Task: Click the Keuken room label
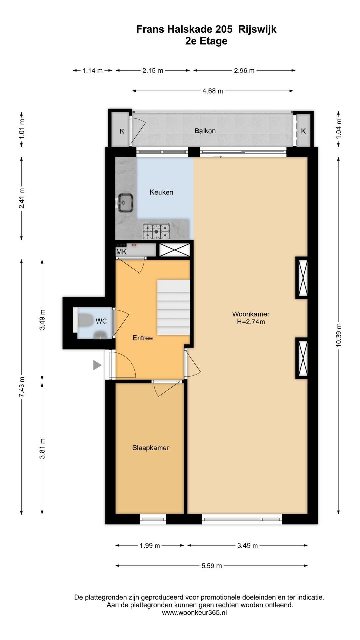pyautogui.click(x=161, y=192)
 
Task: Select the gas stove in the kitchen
pyautogui.click(x=156, y=231)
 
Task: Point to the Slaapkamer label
pyautogui.click(x=151, y=448)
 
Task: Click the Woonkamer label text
pyautogui.click(x=251, y=314)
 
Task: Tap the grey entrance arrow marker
pyautogui.click(x=97, y=365)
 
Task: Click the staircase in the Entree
pyautogui.click(x=174, y=307)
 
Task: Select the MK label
pyautogui.click(x=121, y=252)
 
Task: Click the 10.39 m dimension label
pyautogui.click(x=339, y=335)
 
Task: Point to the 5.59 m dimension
pyautogui.click(x=211, y=566)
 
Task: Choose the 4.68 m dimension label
pyautogui.click(x=213, y=91)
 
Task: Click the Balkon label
pyautogui.click(x=205, y=131)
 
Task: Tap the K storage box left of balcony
pyautogui.click(x=122, y=131)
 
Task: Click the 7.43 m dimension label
pyautogui.click(x=22, y=387)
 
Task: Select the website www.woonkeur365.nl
pyautogui.click(x=194, y=613)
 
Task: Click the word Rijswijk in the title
pyautogui.click(x=257, y=30)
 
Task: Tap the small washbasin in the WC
pyautogui.click(x=99, y=335)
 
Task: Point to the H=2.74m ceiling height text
pyautogui.click(x=251, y=322)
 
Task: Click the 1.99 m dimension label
pyautogui.click(x=150, y=546)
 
